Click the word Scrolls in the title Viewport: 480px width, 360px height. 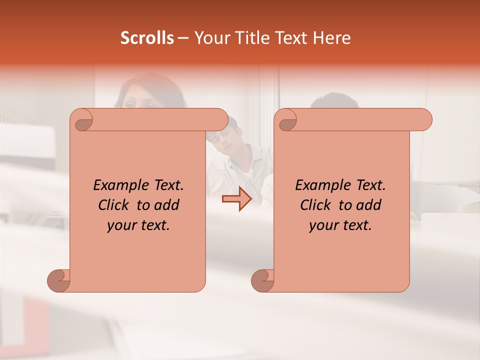(147, 38)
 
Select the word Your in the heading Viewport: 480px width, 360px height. (211, 38)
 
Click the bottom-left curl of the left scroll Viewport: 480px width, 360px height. (58, 280)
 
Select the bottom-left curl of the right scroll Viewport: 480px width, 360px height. (262, 280)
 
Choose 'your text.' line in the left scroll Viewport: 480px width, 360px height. (138, 225)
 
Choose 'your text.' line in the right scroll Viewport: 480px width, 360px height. (340, 225)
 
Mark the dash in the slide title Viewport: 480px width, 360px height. (183, 38)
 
